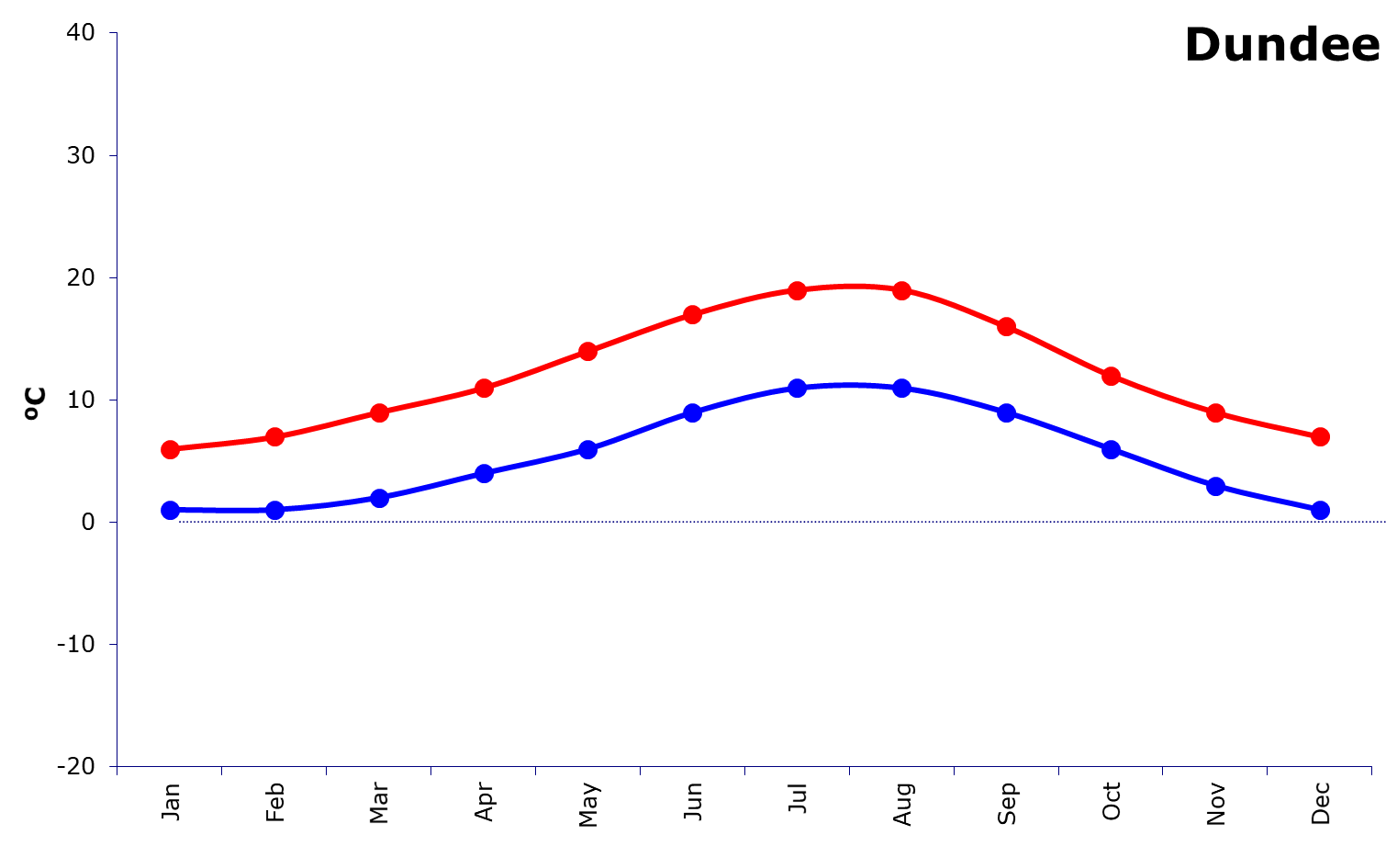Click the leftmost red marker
pos(170,449)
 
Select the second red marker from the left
pos(274,436)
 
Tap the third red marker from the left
pos(379,412)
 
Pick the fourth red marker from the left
pos(484,388)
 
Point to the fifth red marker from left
pos(588,351)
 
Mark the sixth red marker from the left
pos(693,315)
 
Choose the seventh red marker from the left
pos(797,290)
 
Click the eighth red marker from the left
pos(901,290)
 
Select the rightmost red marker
pos(1320,436)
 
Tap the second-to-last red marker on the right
pos(1215,412)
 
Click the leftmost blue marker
pos(170,510)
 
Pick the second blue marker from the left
pos(274,510)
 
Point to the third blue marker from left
pos(379,498)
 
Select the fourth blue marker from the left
pos(484,473)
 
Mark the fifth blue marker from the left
pos(588,449)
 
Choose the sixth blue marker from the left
pos(693,412)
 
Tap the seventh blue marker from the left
pos(797,388)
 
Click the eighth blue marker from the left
pos(901,388)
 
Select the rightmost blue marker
pos(1320,510)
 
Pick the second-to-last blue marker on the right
pos(1215,486)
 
